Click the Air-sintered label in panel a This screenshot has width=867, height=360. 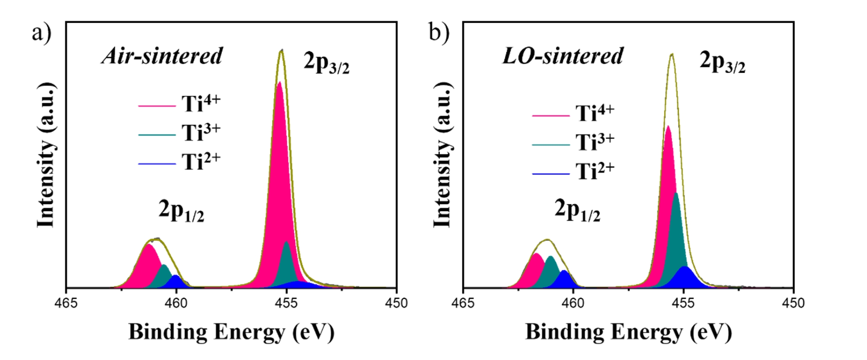click(x=163, y=56)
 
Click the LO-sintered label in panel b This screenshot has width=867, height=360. click(x=563, y=56)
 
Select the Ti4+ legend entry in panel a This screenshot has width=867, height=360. click(x=179, y=103)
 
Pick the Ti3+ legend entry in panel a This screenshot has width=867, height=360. click(x=179, y=132)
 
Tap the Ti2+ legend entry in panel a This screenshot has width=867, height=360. click(x=179, y=161)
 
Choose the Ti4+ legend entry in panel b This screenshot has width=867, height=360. click(x=573, y=113)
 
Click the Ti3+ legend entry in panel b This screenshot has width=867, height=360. click(x=573, y=142)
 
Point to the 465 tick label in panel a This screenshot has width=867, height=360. click(x=66, y=303)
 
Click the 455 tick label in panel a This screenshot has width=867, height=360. click(x=286, y=303)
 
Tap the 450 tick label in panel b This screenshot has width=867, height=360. click(x=794, y=303)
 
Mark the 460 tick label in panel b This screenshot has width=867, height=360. click(x=573, y=303)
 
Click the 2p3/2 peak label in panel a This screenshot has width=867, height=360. click(x=326, y=63)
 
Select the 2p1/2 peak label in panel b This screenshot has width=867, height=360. click(x=577, y=211)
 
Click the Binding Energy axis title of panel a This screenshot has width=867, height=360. click(x=231, y=332)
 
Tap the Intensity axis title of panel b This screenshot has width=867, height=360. click(x=443, y=155)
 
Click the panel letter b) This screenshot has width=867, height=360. click(x=439, y=32)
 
